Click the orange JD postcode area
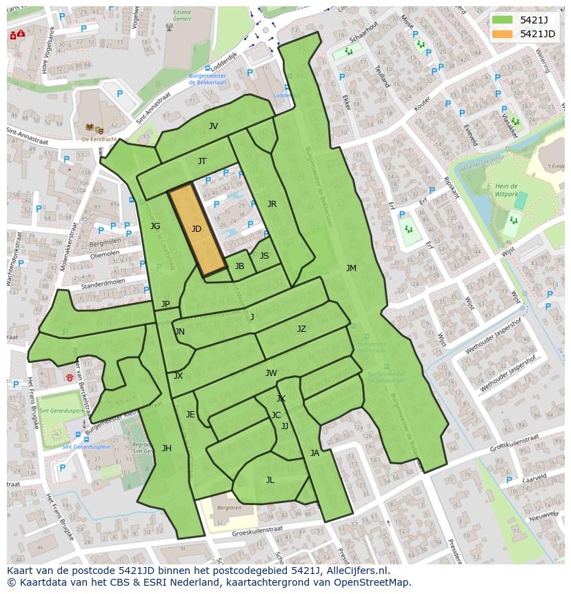click(197, 230)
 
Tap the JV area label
click(213, 126)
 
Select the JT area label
click(202, 161)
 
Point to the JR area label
click(272, 204)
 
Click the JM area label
click(351, 268)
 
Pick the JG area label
click(155, 226)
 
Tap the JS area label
click(264, 256)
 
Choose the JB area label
click(239, 266)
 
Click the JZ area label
click(301, 329)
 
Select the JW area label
click(271, 373)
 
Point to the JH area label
click(166, 448)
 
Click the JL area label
click(270, 480)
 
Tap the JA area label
click(314, 453)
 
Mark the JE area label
click(190, 415)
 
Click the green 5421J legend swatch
click(503, 20)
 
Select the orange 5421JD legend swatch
click(503, 34)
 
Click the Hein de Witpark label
click(505, 191)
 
